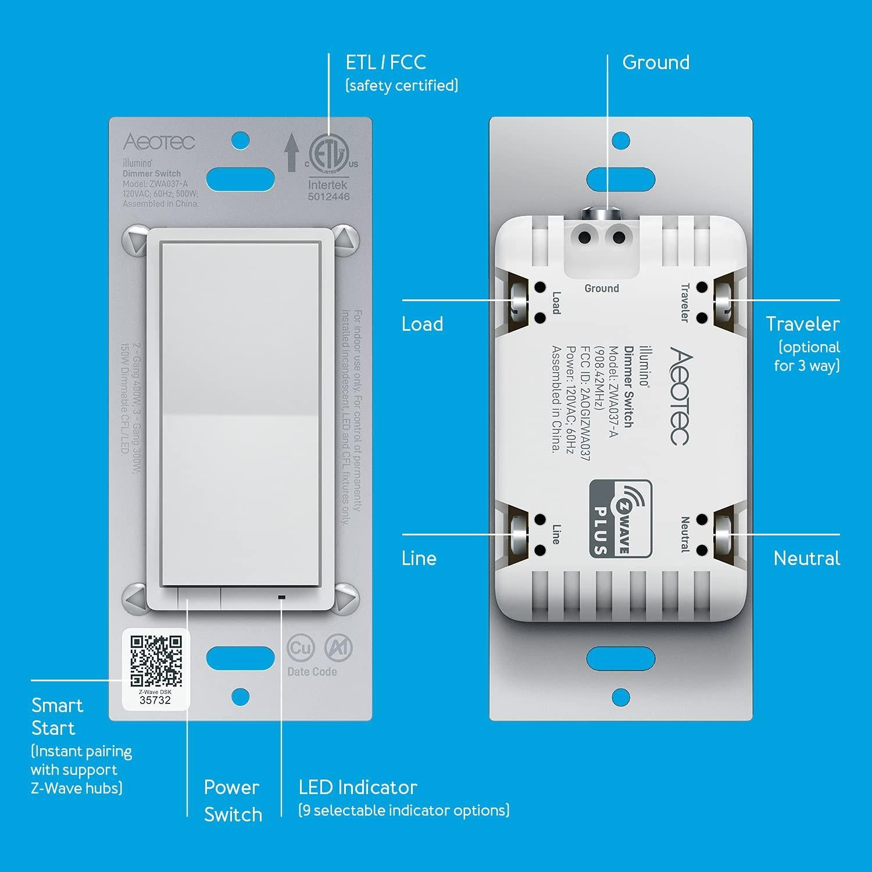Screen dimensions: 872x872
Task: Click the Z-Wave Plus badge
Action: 620,518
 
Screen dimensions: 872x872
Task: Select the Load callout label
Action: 422,324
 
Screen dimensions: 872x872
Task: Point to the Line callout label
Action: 419,558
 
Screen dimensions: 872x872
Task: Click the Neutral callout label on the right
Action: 806,558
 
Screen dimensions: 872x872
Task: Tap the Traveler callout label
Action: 802,324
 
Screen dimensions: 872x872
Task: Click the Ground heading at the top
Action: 656,62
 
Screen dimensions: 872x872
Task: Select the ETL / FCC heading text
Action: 386,62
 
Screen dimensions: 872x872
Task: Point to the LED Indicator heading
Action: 358,787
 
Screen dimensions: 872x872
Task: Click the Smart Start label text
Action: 56,716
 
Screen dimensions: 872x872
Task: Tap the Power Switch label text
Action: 233,800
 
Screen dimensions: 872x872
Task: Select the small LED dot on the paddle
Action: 282,597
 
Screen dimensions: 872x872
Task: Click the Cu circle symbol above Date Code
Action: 301,648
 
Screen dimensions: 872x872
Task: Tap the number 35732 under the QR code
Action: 155,700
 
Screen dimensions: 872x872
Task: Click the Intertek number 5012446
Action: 328,196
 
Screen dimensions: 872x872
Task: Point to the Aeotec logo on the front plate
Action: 159,142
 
